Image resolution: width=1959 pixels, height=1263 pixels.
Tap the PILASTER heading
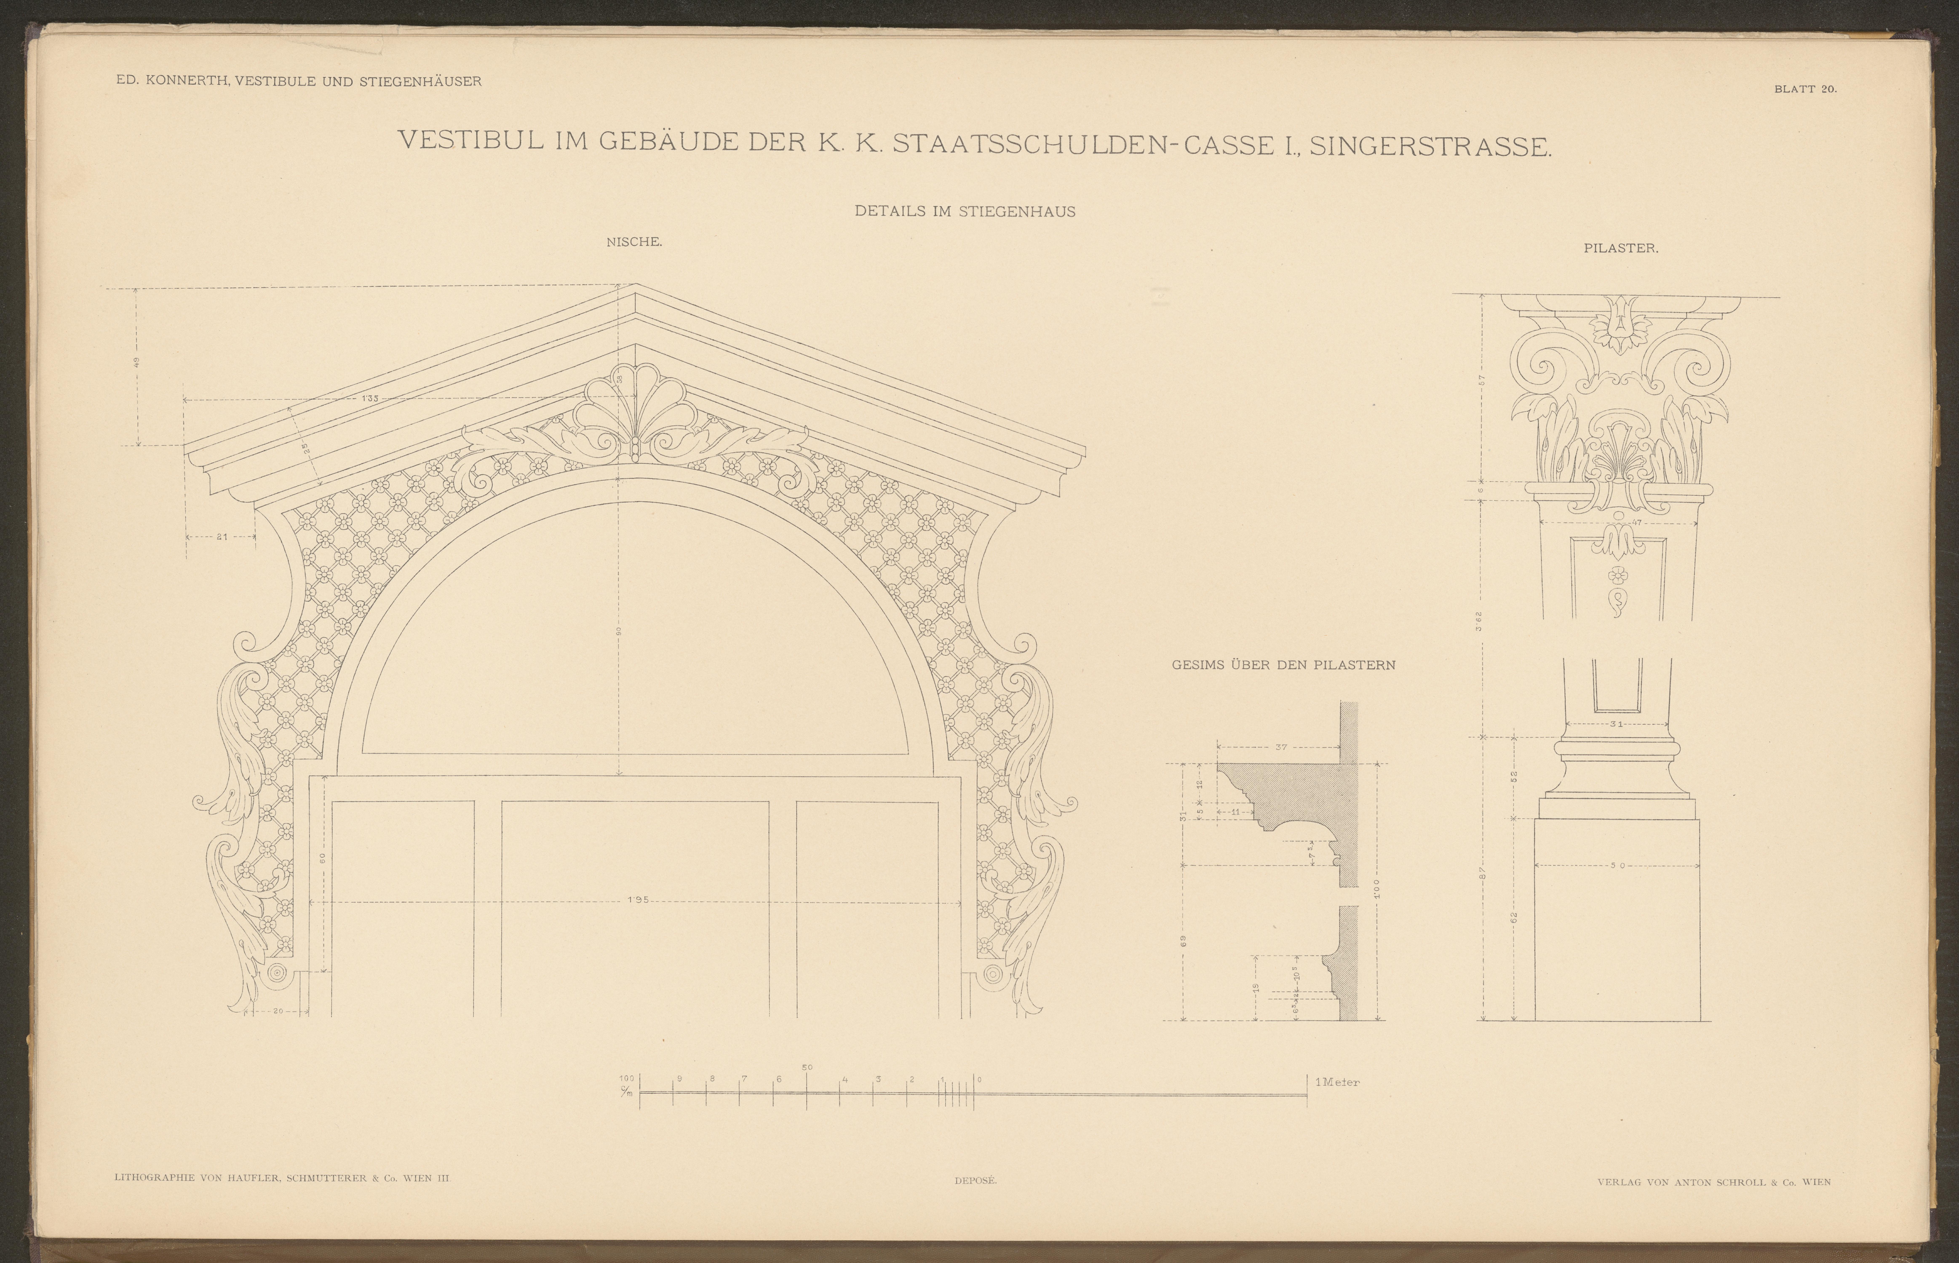point(1620,249)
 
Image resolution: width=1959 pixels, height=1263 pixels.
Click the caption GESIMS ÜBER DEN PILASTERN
point(1283,665)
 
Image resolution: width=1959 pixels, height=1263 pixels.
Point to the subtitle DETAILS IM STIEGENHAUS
point(965,211)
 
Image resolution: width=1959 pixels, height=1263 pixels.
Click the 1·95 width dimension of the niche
point(637,900)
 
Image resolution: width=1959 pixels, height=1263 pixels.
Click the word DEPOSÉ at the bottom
point(975,1181)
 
